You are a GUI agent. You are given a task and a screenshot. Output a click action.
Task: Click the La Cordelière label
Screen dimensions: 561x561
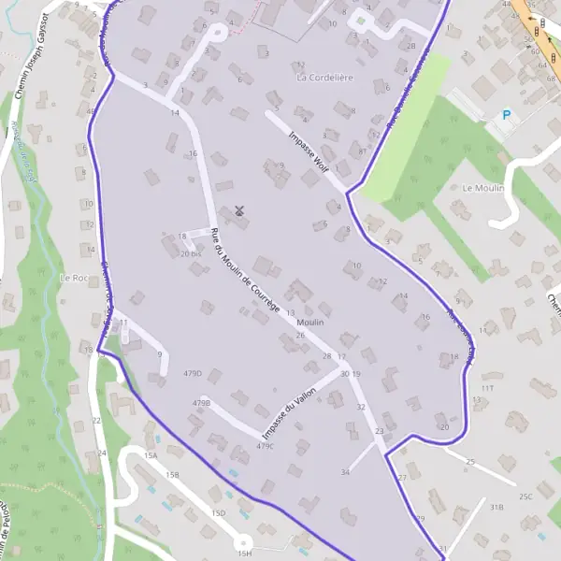point(324,78)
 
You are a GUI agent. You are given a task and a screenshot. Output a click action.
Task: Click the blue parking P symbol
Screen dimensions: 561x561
point(507,115)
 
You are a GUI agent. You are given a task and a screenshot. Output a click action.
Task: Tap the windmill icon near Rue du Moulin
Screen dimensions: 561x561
point(239,211)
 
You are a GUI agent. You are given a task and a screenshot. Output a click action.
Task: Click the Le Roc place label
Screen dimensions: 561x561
point(73,278)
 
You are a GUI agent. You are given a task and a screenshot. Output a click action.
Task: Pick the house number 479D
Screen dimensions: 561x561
point(194,373)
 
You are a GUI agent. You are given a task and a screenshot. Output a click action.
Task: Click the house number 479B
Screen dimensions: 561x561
point(201,403)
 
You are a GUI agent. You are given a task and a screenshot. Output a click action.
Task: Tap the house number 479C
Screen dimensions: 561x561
point(266,446)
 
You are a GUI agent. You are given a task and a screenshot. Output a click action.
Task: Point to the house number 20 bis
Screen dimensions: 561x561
point(191,253)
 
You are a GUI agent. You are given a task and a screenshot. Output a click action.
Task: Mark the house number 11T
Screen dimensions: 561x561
point(487,387)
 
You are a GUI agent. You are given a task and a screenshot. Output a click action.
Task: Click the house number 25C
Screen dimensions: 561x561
point(525,496)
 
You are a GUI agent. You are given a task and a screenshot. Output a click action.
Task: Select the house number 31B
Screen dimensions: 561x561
point(496,507)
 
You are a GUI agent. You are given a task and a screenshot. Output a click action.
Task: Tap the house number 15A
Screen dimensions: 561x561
point(151,455)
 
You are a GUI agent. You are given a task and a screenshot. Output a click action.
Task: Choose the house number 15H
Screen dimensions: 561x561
point(244,554)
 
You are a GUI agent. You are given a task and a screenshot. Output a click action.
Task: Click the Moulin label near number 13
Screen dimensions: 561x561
point(310,323)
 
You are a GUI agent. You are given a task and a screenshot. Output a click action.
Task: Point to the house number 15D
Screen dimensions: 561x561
point(219,513)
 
